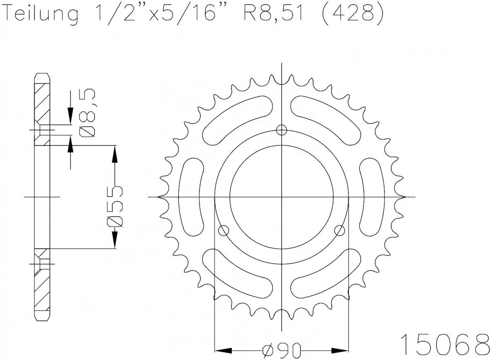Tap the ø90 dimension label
[282, 351]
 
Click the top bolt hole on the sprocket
[281, 130]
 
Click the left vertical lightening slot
[192, 197]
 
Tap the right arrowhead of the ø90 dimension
[340, 351]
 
